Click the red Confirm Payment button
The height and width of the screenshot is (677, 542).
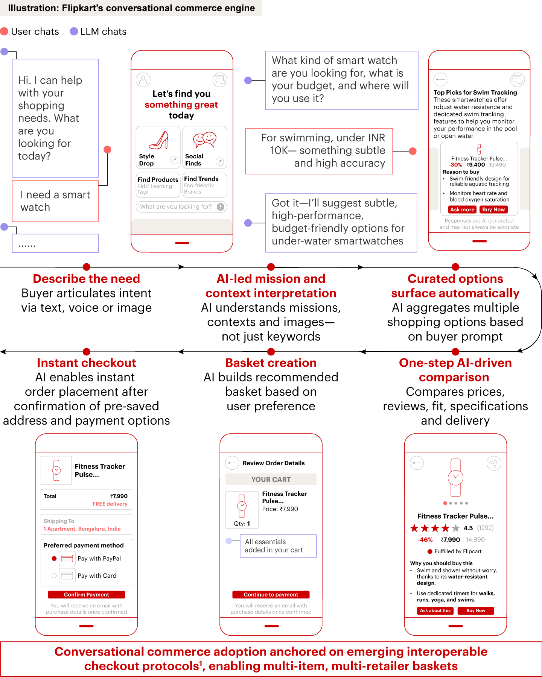coord(86,595)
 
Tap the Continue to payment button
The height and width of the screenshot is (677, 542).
coord(271,595)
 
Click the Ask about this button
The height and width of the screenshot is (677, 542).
coord(435,611)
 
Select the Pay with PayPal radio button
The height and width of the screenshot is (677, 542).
coord(54,559)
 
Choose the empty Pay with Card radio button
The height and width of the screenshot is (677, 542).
coord(54,575)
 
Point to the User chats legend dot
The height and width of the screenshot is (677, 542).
coord(5,31)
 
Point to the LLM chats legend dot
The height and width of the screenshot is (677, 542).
coord(74,31)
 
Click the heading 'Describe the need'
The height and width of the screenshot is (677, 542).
coord(86,279)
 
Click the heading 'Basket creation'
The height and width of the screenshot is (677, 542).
coord(271,363)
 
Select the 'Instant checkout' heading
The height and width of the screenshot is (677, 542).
coord(86,363)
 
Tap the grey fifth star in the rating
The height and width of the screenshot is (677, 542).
coord(456,528)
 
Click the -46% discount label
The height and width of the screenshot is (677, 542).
coord(425,540)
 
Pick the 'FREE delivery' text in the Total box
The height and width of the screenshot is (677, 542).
coord(110,504)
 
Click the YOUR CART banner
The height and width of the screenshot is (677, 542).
coord(271,480)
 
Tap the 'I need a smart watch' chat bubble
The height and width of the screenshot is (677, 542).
coord(55,201)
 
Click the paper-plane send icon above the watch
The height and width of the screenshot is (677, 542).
coord(494,463)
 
